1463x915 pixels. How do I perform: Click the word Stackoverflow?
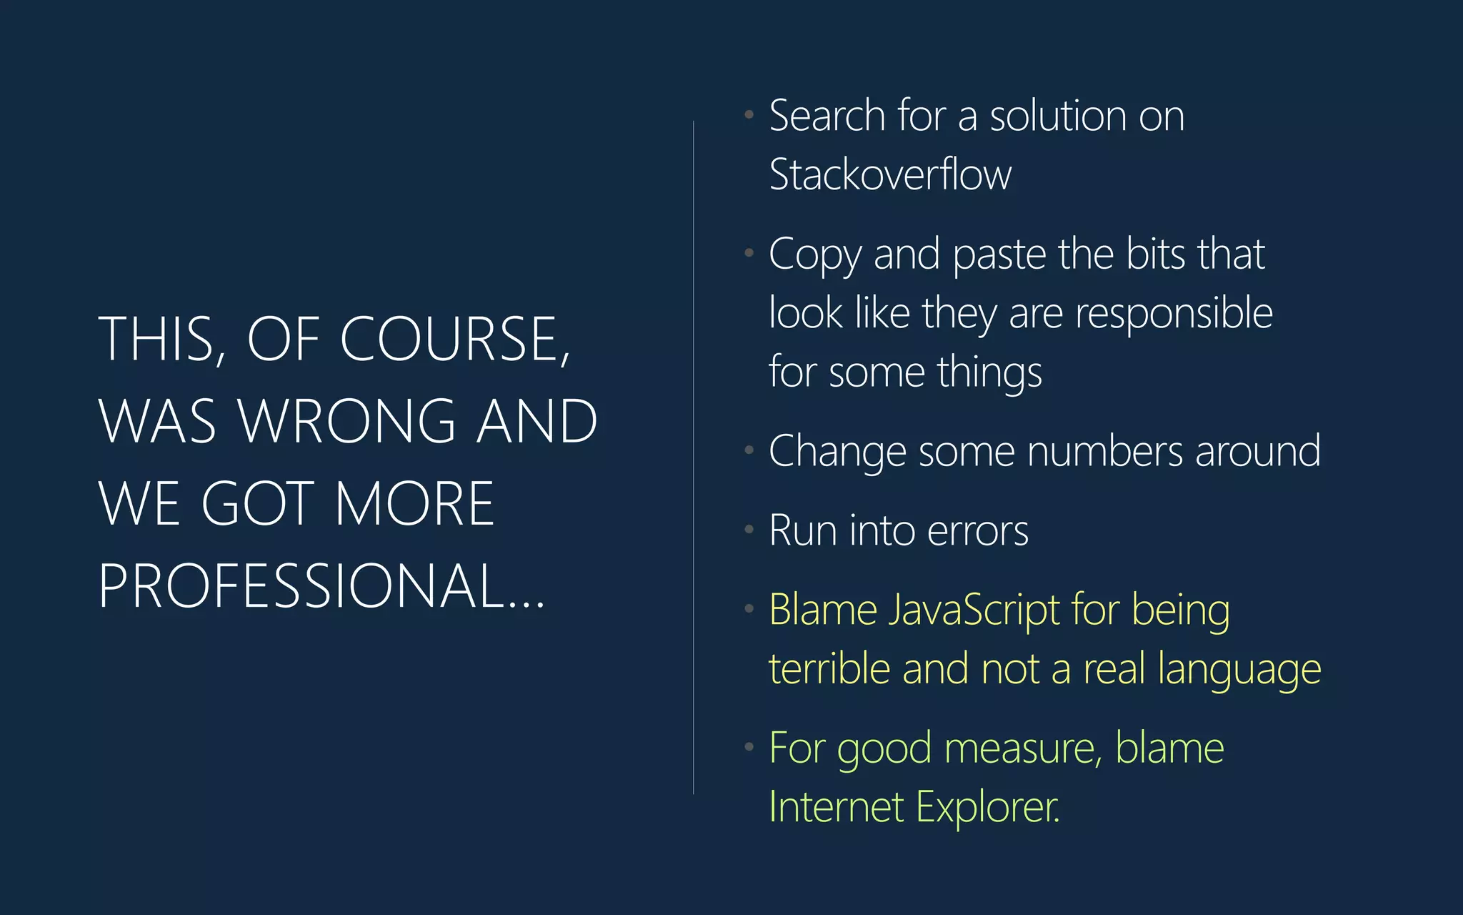click(x=890, y=174)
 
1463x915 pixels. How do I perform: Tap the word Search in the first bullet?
click(x=827, y=116)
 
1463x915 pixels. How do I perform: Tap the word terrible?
click(x=829, y=669)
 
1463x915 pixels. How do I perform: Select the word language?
click(x=1239, y=671)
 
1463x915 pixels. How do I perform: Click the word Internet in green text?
click(x=837, y=808)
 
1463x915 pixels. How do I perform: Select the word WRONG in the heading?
click(x=347, y=421)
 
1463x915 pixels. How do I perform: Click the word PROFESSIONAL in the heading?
click(x=304, y=585)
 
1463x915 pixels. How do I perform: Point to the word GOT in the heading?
click(x=258, y=503)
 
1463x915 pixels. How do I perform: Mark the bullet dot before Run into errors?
click(x=749, y=530)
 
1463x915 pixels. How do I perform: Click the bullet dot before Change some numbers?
click(x=749, y=450)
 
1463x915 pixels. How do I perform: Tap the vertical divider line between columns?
click(x=693, y=457)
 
